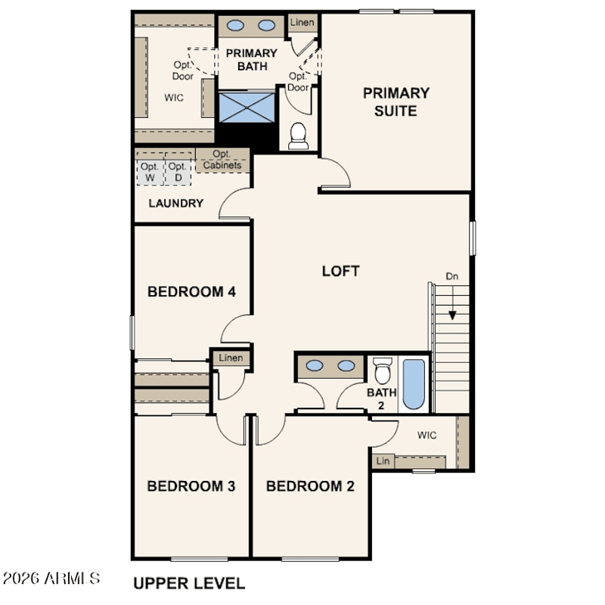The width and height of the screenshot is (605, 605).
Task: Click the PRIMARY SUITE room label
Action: pyautogui.click(x=396, y=102)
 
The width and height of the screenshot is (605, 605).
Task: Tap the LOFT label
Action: pyautogui.click(x=341, y=271)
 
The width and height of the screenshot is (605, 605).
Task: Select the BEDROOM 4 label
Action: pyautogui.click(x=191, y=292)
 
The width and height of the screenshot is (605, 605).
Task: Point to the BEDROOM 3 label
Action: pyautogui.click(x=191, y=486)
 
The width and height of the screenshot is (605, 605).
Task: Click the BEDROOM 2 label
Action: pyautogui.click(x=310, y=486)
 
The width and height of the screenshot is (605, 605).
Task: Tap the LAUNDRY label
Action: pyautogui.click(x=176, y=203)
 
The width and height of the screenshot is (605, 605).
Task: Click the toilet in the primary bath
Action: pyautogui.click(x=298, y=136)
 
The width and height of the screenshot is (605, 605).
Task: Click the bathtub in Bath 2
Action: pyautogui.click(x=414, y=384)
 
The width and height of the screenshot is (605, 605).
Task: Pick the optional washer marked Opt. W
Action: pyautogui.click(x=150, y=172)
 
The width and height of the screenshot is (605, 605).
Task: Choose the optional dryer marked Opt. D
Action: pyautogui.click(x=178, y=172)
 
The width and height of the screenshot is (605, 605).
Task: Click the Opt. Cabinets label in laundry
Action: pyautogui.click(x=222, y=160)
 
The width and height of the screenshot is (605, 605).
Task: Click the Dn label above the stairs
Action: pyautogui.click(x=452, y=276)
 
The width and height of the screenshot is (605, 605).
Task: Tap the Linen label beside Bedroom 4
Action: pyautogui.click(x=231, y=358)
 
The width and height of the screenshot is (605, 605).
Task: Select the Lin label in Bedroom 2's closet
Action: pyautogui.click(x=383, y=461)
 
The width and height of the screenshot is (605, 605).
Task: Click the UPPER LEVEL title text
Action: pyautogui.click(x=189, y=583)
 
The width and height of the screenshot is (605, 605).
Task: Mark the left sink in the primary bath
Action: pyautogui.click(x=235, y=26)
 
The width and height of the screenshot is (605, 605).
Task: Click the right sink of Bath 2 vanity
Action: pyautogui.click(x=346, y=365)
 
